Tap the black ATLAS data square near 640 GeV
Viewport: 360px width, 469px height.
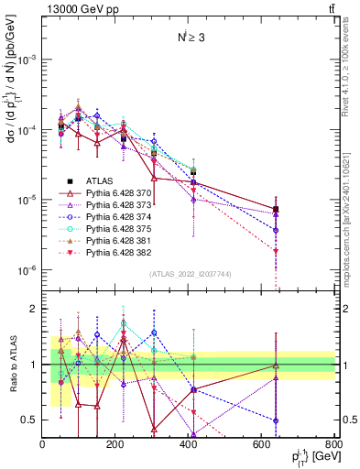[x=276, y=209]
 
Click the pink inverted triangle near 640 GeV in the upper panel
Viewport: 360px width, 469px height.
[x=276, y=251]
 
